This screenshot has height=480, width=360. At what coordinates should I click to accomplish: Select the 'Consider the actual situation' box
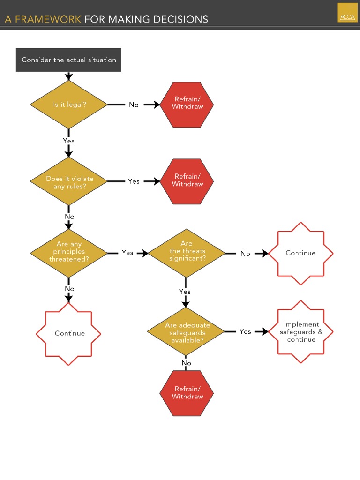click(x=68, y=60)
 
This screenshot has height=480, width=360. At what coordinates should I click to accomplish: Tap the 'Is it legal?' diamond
click(x=69, y=105)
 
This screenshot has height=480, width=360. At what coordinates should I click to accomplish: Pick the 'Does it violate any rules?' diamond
click(x=69, y=182)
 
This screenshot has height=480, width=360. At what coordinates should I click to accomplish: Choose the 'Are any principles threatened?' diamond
click(x=69, y=252)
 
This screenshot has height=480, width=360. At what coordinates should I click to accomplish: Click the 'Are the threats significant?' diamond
click(x=186, y=252)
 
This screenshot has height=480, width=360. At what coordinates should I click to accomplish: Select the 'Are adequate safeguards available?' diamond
click(x=186, y=332)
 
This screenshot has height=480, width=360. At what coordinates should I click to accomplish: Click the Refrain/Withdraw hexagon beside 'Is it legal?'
click(x=187, y=104)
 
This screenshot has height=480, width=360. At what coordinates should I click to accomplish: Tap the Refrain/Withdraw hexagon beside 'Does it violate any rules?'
click(x=187, y=181)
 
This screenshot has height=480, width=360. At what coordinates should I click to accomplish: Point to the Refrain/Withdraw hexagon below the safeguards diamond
click(x=187, y=393)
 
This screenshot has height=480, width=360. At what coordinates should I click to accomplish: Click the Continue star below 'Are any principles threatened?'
click(x=69, y=333)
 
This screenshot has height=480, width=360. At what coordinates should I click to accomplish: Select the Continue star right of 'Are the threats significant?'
click(x=300, y=253)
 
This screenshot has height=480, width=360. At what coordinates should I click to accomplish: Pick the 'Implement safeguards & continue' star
click(x=301, y=332)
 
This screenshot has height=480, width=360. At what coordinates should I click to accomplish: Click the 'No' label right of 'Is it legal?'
click(x=134, y=105)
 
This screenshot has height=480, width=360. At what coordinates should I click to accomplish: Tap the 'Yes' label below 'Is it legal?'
click(x=68, y=141)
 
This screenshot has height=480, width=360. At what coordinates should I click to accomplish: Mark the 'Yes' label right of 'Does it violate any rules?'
click(x=134, y=181)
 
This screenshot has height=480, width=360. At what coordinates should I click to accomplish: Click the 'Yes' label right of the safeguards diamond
click(x=245, y=331)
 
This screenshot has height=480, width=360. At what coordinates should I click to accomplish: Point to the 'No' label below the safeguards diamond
click(x=186, y=363)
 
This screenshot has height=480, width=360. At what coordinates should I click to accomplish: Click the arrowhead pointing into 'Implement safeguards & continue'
click(x=265, y=331)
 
